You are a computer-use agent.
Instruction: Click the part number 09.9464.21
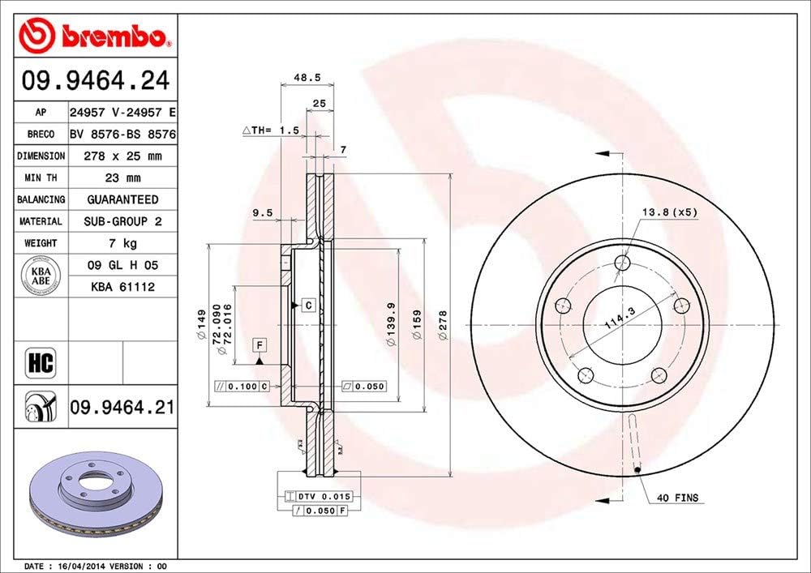[122, 407]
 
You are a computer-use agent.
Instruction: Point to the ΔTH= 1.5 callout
[271, 130]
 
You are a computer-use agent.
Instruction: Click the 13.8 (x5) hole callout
[670, 212]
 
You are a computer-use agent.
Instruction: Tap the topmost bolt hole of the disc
[622, 263]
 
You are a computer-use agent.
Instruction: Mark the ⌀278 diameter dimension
[443, 323]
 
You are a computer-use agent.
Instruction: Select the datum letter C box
[308, 305]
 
